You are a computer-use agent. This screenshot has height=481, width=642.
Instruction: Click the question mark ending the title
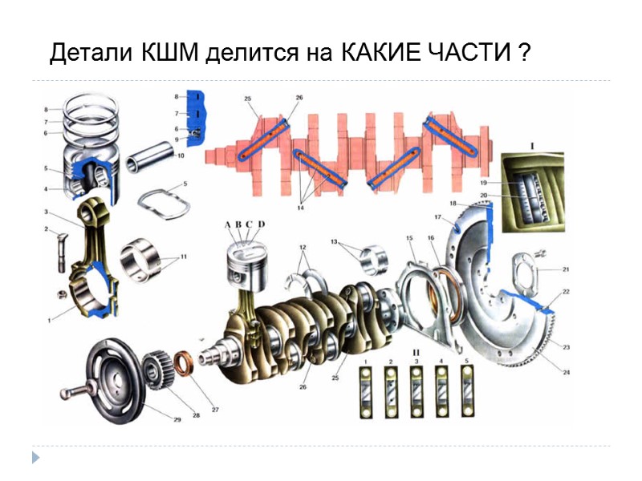click(x=522, y=54)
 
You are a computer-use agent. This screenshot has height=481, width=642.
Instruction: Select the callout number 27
click(x=215, y=410)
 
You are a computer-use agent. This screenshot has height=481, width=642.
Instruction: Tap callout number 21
click(x=566, y=270)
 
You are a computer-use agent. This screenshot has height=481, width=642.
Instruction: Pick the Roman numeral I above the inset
click(x=531, y=144)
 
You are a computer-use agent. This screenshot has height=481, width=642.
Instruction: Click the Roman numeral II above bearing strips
click(x=416, y=352)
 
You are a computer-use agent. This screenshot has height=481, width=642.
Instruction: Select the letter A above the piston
click(x=228, y=224)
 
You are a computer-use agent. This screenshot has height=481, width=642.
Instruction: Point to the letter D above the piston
click(x=262, y=224)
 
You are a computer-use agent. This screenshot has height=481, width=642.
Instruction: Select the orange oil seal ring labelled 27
click(x=184, y=362)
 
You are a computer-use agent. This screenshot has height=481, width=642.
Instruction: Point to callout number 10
click(x=181, y=156)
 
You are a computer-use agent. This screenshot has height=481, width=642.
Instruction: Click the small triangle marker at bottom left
click(x=35, y=458)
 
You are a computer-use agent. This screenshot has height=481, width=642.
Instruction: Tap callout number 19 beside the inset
click(x=484, y=184)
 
